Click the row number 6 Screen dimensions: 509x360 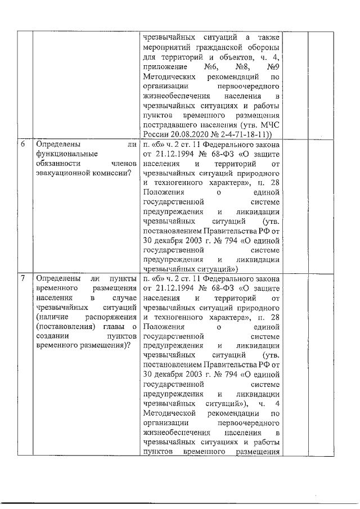click(x=22, y=146)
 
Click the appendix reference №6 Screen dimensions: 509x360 click(x=211, y=66)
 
